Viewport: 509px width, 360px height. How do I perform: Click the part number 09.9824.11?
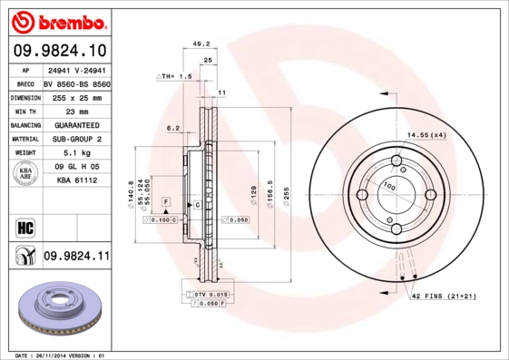tap(76, 258)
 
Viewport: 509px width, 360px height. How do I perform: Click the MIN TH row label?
tap(24, 111)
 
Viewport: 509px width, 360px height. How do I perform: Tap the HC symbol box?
tap(24, 227)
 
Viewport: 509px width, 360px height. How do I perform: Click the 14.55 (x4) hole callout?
tap(426, 135)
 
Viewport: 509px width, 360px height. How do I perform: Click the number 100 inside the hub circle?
tap(390, 186)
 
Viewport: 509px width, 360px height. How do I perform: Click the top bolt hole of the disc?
tap(396, 162)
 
